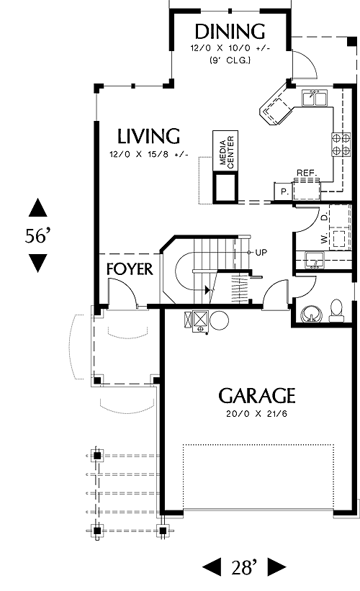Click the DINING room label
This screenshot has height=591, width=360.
pyautogui.click(x=230, y=32)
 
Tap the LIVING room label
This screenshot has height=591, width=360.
pyautogui.click(x=148, y=137)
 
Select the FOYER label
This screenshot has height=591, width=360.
pyautogui.click(x=130, y=269)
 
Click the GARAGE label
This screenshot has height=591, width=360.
pyautogui.click(x=257, y=396)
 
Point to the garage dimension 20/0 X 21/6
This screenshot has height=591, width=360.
pyautogui.click(x=257, y=414)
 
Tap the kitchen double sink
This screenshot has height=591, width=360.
pyautogui.click(x=315, y=98)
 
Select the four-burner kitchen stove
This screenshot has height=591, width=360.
pyautogui.click(x=341, y=145)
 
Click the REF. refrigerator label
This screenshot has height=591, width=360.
pyautogui.click(x=306, y=173)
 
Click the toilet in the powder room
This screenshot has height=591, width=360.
pyautogui.click(x=336, y=310)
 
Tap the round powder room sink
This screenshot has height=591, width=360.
pyautogui.click(x=312, y=314)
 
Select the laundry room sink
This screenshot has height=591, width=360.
pyautogui.click(x=315, y=261)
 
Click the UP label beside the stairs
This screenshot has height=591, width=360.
pyautogui.click(x=261, y=253)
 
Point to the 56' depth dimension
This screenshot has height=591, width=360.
pyautogui.click(x=37, y=236)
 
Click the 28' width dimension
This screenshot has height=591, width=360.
pyautogui.click(x=244, y=567)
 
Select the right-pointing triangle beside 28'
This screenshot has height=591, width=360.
pyautogui.click(x=276, y=567)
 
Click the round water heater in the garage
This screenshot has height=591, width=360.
pyautogui.click(x=219, y=320)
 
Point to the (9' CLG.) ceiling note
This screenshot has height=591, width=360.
pyautogui.click(x=230, y=60)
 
